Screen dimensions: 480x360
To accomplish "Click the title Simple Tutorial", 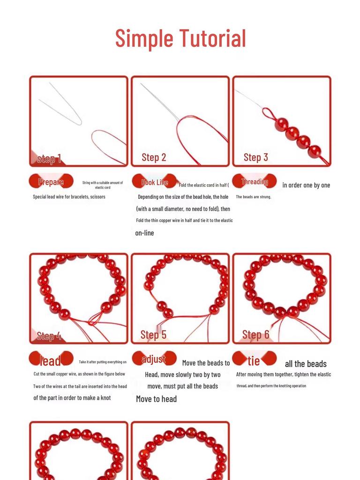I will pyautogui.click(x=180, y=38).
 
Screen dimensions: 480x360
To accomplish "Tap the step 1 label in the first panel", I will pyautogui.click(x=49, y=159).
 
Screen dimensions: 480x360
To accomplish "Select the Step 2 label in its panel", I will pyautogui.click(x=154, y=157).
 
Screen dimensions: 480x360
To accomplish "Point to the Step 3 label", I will pyautogui.click(x=255, y=157).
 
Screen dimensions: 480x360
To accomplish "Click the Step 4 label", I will pyautogui.click(x=49, y=336).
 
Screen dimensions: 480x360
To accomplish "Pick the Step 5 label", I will pyautogui.click(x=153, y=335).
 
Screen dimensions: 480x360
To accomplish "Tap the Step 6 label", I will pyautogui.click(x=255, y=335).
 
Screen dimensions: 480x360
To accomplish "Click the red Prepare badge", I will pyautogui.click(x=51, y=182).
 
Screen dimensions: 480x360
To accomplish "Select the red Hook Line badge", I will pyautogui.click(x=154, y=182).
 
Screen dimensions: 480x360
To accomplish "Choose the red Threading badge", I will pyautogui.click(x=255, y=181).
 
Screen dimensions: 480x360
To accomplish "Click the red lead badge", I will pyautogui.click(x=51, y=360).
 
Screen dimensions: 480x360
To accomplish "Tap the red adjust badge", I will pyautogui.click(x=154, y=359).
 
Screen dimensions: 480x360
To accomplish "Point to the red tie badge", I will pyautogui.click(x=254, y=360).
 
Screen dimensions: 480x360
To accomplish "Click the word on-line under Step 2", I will pyautogui.click(x=144, y=233).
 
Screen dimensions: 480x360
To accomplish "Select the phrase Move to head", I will pyautogui.click(x=156, y=399).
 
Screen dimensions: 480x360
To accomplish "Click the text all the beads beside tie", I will pyautogui.click(x=306, y=364).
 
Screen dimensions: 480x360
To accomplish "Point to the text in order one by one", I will pyautogui.click(x=306, y=185).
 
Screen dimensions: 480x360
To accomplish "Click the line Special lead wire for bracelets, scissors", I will pyautogui.click(x=69, y=197).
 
